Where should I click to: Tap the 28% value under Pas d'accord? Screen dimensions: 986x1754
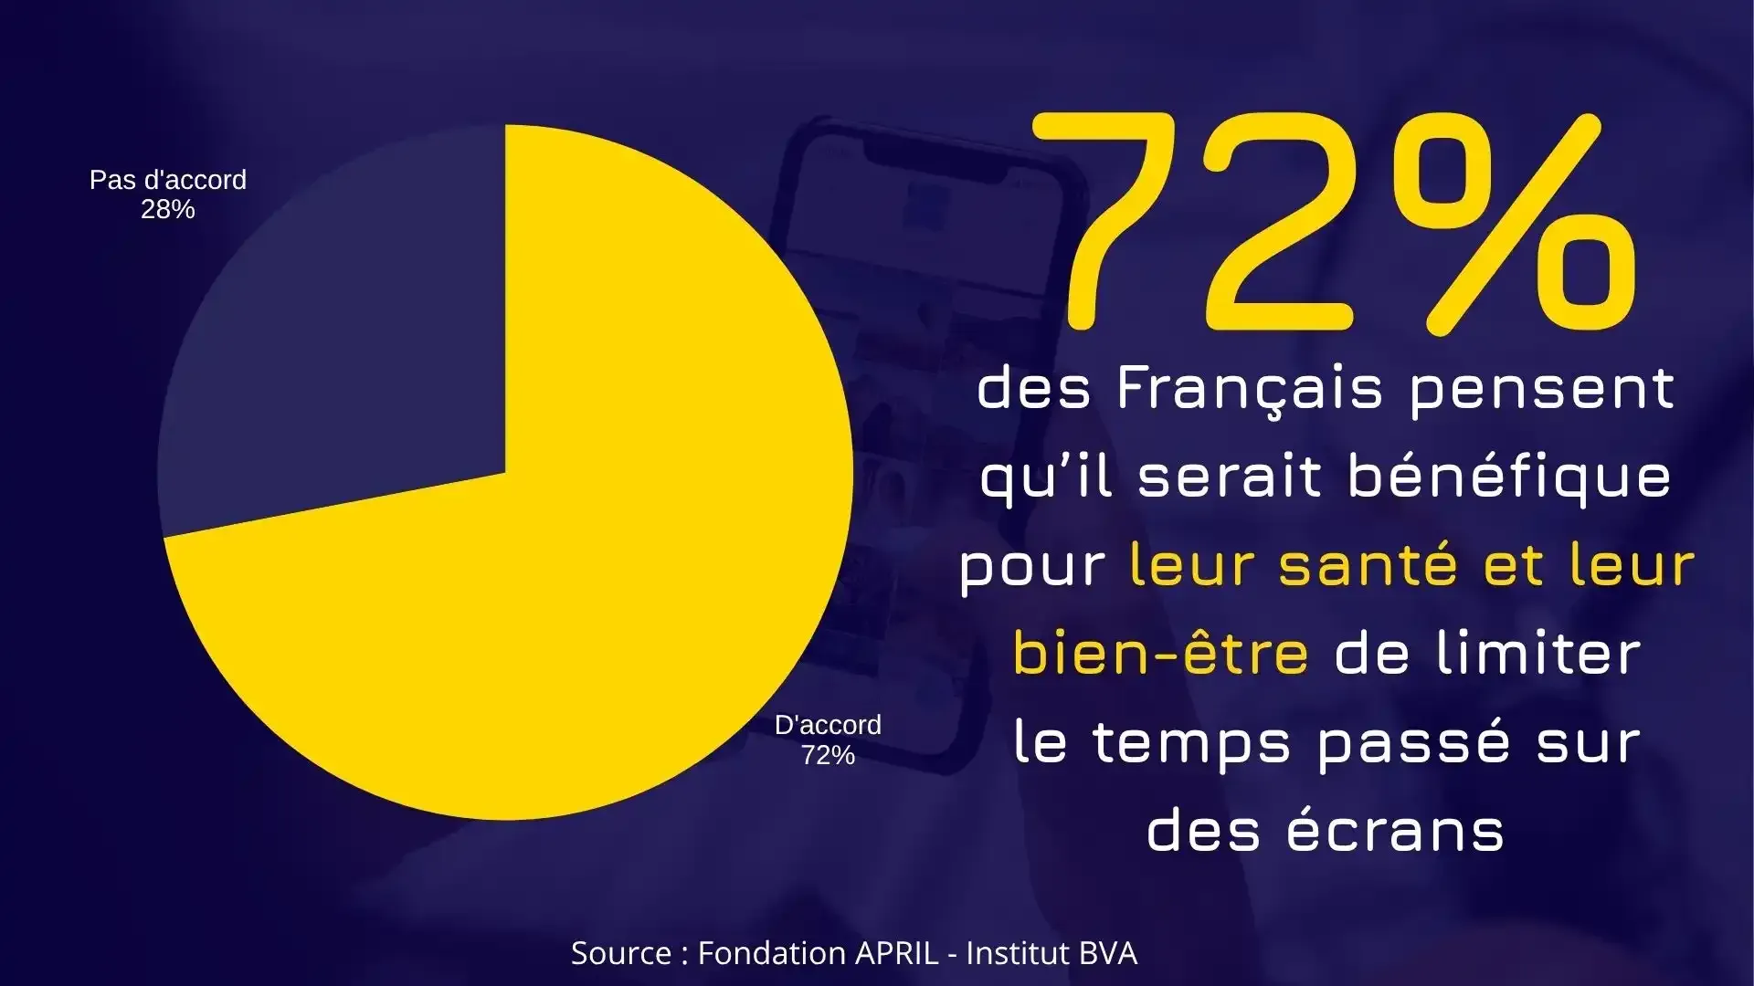pyautogui.click(x=168, y=210)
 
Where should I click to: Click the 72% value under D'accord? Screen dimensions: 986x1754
pyautogui.click(x=828, y=755)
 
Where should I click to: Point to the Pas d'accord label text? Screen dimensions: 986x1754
pyautogui.click(x=168, y=180)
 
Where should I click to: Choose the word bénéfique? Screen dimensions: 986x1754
pyautogui.click(x=1509, y=477)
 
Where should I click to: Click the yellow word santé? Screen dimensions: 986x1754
pyautogui.click(x=1368, y=565)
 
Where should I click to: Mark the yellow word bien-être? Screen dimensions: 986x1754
pyautogui.click(x=1160, y=654)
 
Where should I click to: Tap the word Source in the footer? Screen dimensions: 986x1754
pyautogui.click(x=621, y=953)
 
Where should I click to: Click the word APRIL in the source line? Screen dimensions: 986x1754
pyautogui.click(x=896, y=953)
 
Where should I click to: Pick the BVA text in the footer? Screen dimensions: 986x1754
pyautogui.click(x=1107, y=953)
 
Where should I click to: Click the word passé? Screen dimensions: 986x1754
pyautogui.click(x=1413, y=742)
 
